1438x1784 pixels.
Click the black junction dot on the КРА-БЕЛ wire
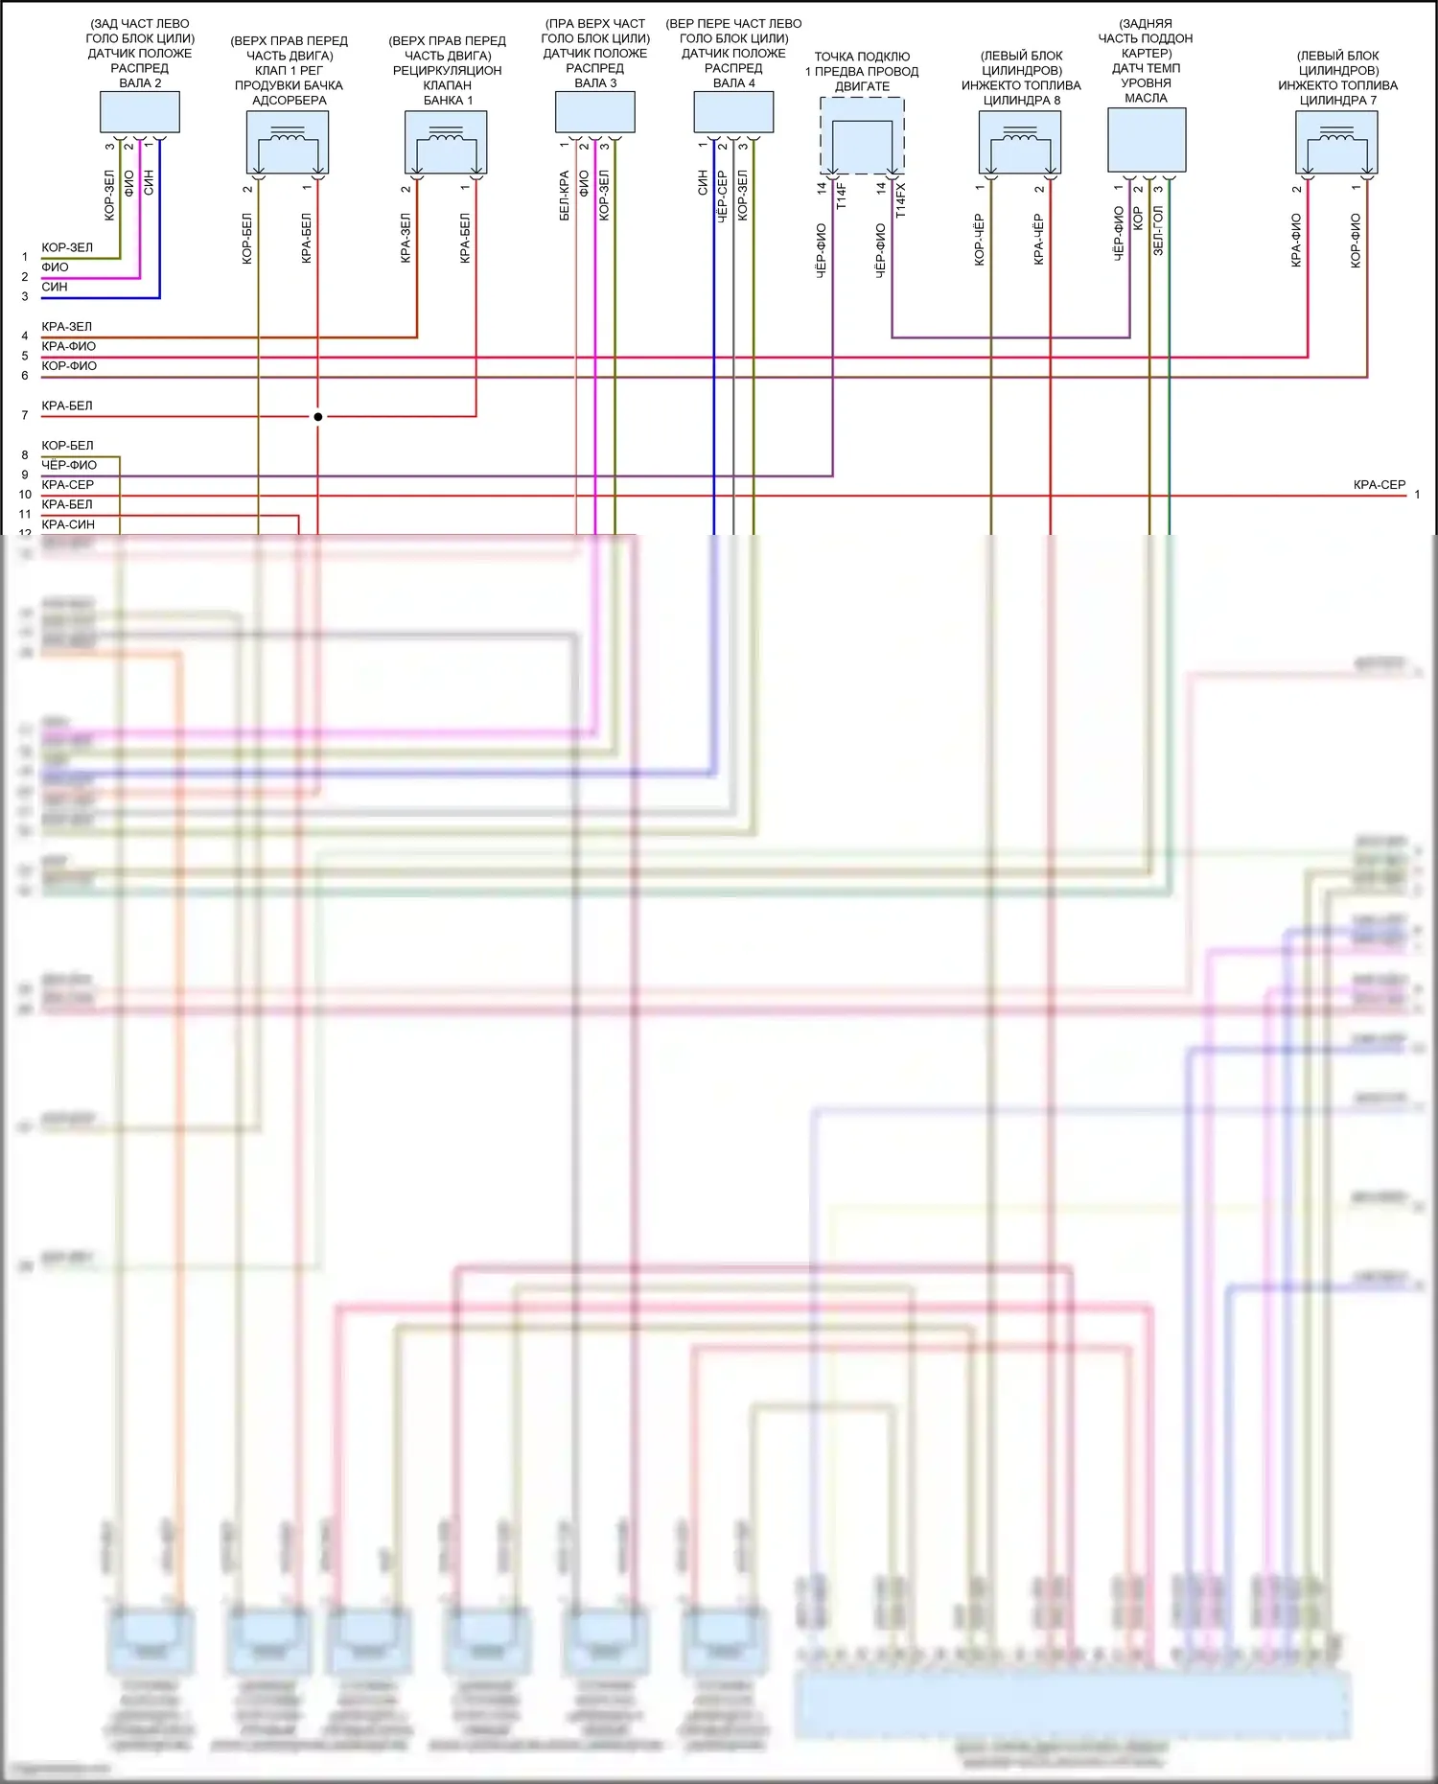point(318,416)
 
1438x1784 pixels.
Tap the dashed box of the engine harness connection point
point(862,135)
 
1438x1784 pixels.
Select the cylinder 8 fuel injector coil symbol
point(1020,142)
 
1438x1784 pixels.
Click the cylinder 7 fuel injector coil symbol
point(1336,142)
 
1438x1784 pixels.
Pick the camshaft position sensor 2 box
point(140,112)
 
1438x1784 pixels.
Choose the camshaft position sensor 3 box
point(595,112)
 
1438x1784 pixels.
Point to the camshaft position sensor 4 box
point(733,112)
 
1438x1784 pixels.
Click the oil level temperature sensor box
point(1147,139)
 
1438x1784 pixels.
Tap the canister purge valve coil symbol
point(288,142)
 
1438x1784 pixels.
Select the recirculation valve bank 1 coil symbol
point(446,142)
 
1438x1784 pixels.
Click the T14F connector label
point(842,196)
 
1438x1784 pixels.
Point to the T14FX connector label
point(900,200)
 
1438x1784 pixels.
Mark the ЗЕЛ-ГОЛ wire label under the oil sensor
point(1158,230)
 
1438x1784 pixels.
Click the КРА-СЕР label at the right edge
point(1379,485)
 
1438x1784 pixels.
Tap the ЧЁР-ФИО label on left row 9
point(69,465)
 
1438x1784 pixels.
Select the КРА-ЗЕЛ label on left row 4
point(67,327)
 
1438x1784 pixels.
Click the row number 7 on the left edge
point(25,415)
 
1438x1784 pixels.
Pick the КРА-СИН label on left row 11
point(68,524)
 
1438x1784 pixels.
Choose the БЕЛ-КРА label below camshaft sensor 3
point(565,196)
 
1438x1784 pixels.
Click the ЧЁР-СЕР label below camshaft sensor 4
point(723,197)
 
